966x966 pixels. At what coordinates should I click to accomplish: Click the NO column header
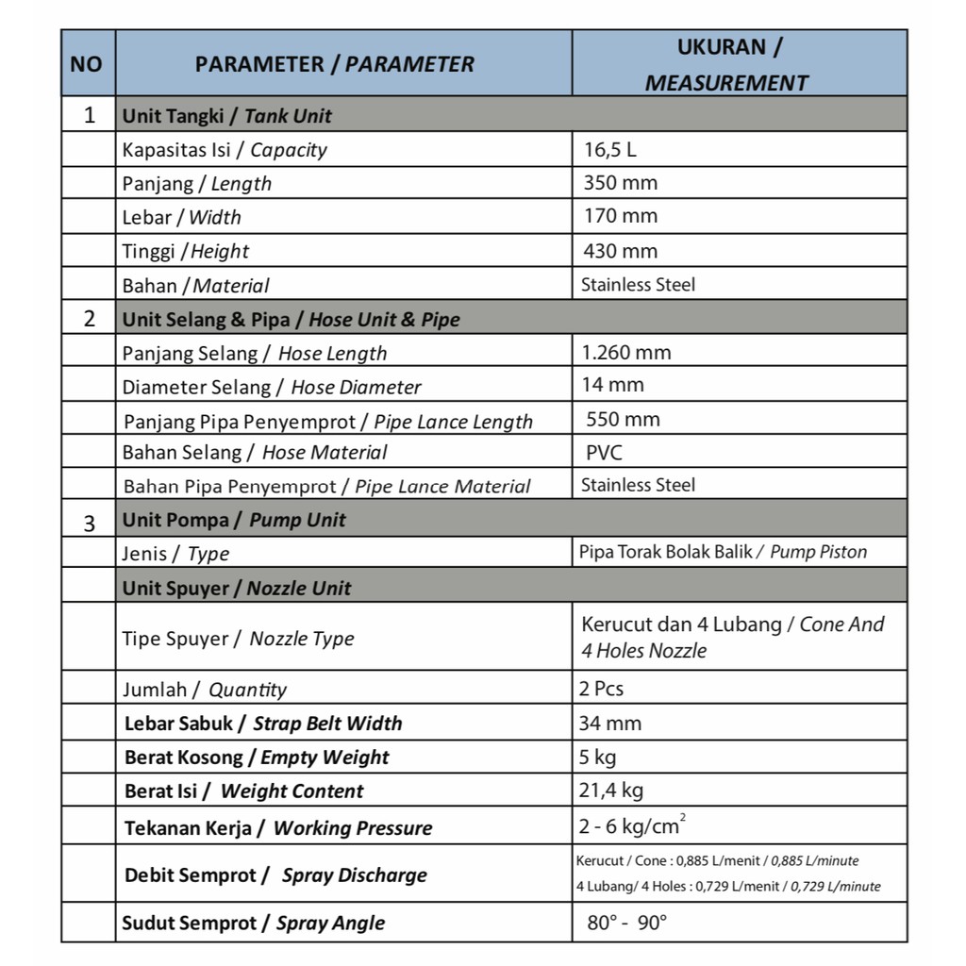tap(86, 64)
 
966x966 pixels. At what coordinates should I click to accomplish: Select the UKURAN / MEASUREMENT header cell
tap(728, 64)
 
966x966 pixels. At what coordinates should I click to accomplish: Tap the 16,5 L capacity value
tap(610, 149)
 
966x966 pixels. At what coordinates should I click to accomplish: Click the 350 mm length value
tap(620, 183)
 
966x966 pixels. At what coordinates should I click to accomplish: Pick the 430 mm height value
tap(620, 251)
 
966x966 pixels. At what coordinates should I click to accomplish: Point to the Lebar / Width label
tap(181, 217)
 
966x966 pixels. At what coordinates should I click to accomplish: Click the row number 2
tap(90, 319)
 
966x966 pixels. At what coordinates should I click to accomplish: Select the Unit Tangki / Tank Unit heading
tap(226, 117)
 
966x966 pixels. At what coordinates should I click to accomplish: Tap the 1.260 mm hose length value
tap(626, 353)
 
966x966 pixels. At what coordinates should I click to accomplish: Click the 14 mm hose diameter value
tap(613, 385)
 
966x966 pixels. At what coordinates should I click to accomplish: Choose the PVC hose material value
tap(604, 453)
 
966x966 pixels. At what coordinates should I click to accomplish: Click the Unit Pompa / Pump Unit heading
tap(234, 520)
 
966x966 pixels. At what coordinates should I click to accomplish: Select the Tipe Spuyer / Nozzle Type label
tap(238, 639)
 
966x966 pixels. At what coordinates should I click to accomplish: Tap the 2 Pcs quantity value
tap(602, 689)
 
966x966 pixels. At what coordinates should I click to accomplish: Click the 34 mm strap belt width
tap(610, 724)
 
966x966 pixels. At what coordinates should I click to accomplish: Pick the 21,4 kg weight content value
tap(611, 791)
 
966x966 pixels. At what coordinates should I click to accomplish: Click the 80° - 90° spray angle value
tap(626, 923)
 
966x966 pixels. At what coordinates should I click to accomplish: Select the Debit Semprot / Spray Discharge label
tap(275, 874)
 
